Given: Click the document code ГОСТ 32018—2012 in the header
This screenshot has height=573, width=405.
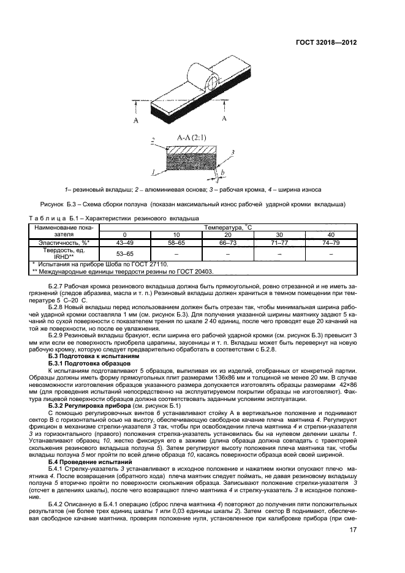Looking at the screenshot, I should point(327,42).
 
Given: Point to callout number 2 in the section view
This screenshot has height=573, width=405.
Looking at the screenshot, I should point(153,141).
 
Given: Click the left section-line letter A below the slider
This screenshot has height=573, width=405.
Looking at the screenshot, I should point(135,121).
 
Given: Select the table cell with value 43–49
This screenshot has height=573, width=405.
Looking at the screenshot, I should point(124,242).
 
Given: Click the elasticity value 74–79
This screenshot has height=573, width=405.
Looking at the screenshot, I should point(331,242).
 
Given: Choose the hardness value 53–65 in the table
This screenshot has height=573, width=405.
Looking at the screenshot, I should point(124,253).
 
